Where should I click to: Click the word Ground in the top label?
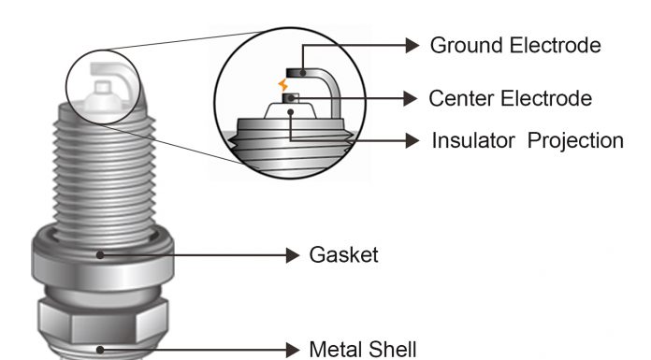pos(467,45)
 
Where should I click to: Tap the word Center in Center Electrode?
pos(461,99)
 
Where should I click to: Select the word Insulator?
pos(473,141)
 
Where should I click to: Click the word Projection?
pos(575,141)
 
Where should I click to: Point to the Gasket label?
pos(344,254)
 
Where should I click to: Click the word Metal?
pos(336,349)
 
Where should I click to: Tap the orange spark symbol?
pos(283,85)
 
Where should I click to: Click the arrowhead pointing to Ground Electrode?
pos(412,45)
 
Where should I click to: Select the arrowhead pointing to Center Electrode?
pos(411,99)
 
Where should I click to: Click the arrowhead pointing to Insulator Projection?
pos(412,141)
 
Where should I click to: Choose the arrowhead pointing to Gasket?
pos(293,255)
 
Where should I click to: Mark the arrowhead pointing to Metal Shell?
pos(293,350)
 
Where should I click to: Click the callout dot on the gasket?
pos(100,255)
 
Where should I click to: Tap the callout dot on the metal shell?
pos(100,350)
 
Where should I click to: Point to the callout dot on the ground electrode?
pos(303,73)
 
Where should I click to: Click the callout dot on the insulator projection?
pos(291,112)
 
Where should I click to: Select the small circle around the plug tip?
pos(66,87)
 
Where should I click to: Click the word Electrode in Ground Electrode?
pos(556,45)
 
